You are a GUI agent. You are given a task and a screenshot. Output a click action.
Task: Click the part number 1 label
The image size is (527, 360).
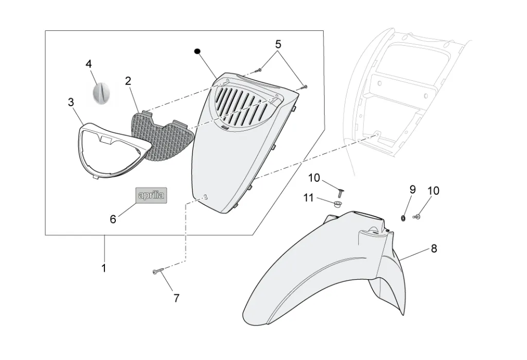point(104,268)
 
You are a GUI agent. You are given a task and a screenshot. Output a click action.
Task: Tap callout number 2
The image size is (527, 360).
point(128,81)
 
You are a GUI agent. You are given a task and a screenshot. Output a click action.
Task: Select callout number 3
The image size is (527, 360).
point(71,102)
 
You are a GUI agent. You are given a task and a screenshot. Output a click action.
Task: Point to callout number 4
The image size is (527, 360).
point(89,64)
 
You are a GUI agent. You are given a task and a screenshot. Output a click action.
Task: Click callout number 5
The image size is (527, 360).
point(278,44)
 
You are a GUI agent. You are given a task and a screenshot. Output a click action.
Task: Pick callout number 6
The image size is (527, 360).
point(113,219)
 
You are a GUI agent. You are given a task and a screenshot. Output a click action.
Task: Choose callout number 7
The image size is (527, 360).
point(177,298)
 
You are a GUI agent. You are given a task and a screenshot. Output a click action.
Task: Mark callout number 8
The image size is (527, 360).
point(434,249)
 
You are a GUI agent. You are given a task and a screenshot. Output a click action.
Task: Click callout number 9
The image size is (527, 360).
point(412,190)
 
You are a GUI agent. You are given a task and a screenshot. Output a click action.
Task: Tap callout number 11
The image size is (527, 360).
point(308,197)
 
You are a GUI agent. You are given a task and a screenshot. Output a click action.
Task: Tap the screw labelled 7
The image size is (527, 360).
point(157,271)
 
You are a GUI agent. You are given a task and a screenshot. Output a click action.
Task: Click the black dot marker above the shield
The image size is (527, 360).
point(196,51)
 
